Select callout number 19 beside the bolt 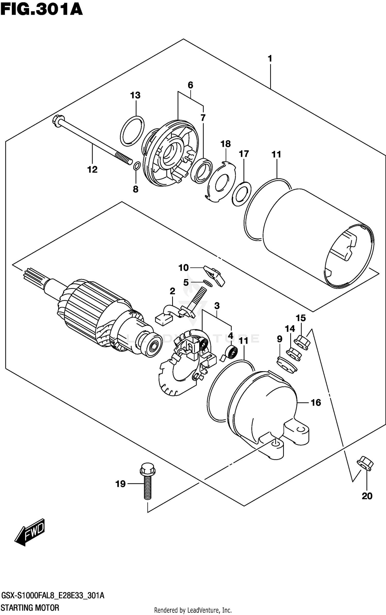[120, 484]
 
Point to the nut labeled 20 [365, 463]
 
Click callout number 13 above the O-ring [135, 95]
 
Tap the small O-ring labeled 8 [137, 166]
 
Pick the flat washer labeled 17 [242, 194]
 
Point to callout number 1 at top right [270, 59]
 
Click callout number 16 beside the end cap [316, 403]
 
